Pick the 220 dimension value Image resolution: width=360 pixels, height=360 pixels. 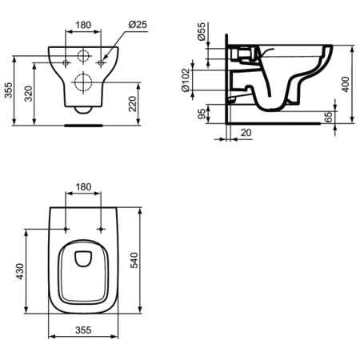(x=133, y=101)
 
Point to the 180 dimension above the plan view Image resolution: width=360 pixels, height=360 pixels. (x=83, y=186)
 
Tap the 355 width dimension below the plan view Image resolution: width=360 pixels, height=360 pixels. (x=83, y=328)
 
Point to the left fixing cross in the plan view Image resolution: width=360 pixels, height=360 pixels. (x=66, y=230)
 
